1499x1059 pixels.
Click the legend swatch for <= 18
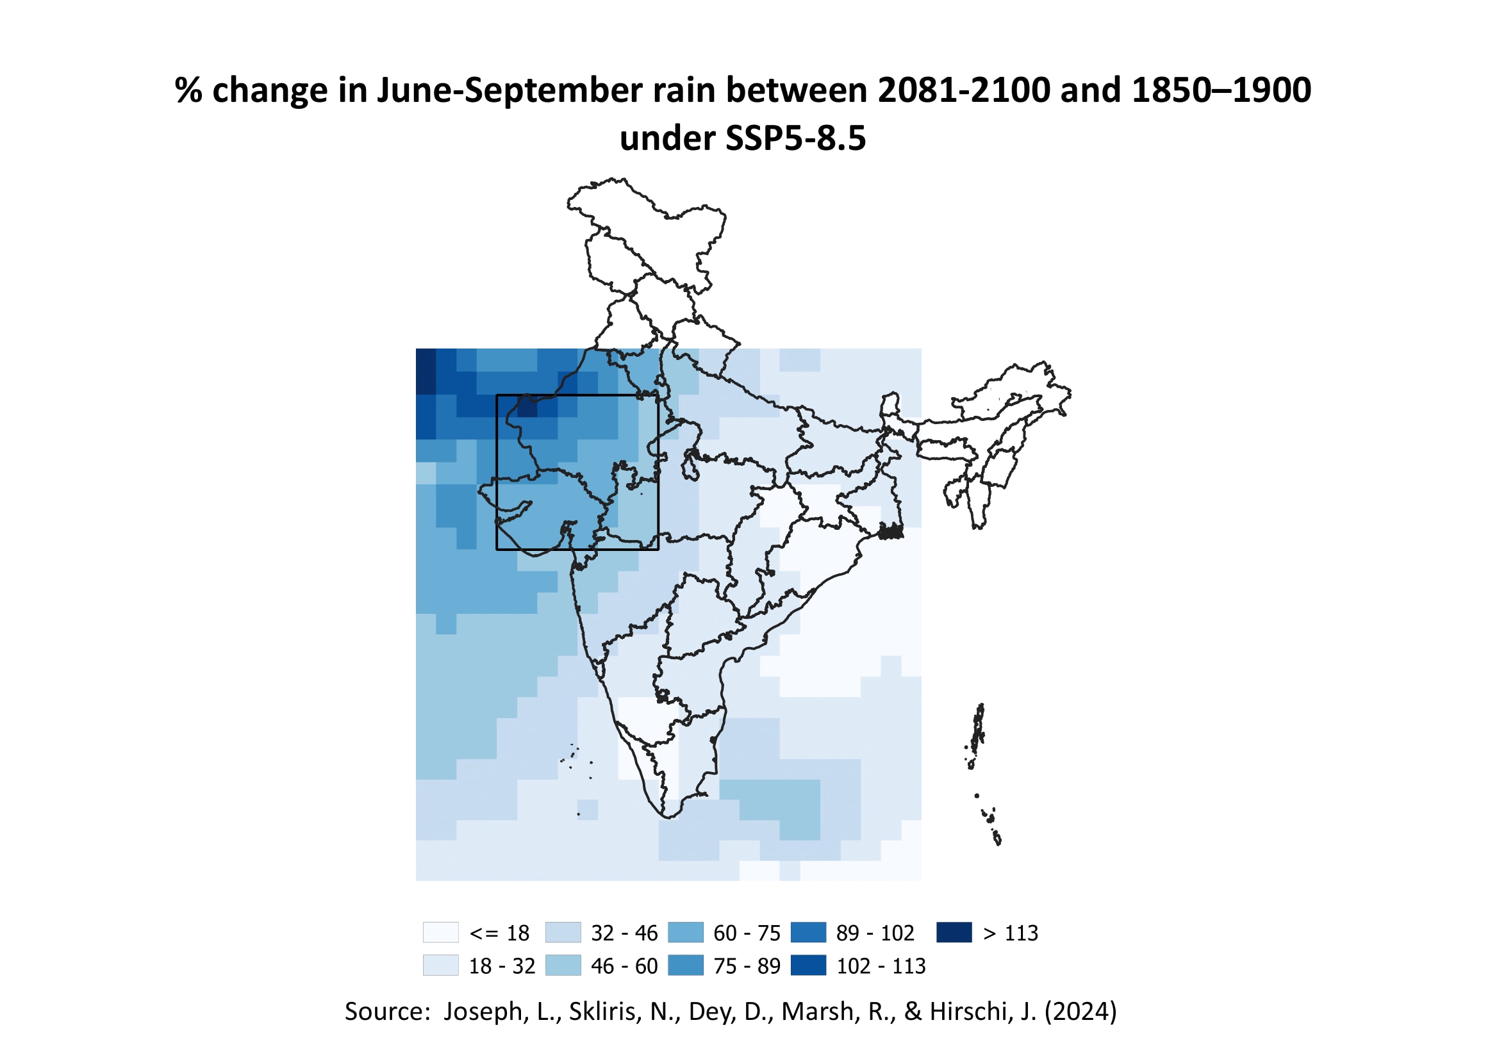441,932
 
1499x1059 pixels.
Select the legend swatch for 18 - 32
441,965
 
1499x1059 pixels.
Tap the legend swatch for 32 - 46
563,932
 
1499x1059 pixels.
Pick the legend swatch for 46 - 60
563,965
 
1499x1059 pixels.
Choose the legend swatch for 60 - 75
686,932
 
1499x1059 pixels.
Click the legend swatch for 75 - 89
686,965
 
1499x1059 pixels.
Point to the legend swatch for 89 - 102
808,932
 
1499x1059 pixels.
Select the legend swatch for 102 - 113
808,965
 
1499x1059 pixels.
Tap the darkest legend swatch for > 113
954,932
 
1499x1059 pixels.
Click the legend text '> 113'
1010,933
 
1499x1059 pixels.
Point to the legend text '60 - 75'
747,933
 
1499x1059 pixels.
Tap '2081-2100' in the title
964,90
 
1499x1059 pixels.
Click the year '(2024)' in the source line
1081,1012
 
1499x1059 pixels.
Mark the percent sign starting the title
188,90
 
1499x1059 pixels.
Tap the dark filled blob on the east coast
891,532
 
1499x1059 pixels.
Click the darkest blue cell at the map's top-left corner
426,372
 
